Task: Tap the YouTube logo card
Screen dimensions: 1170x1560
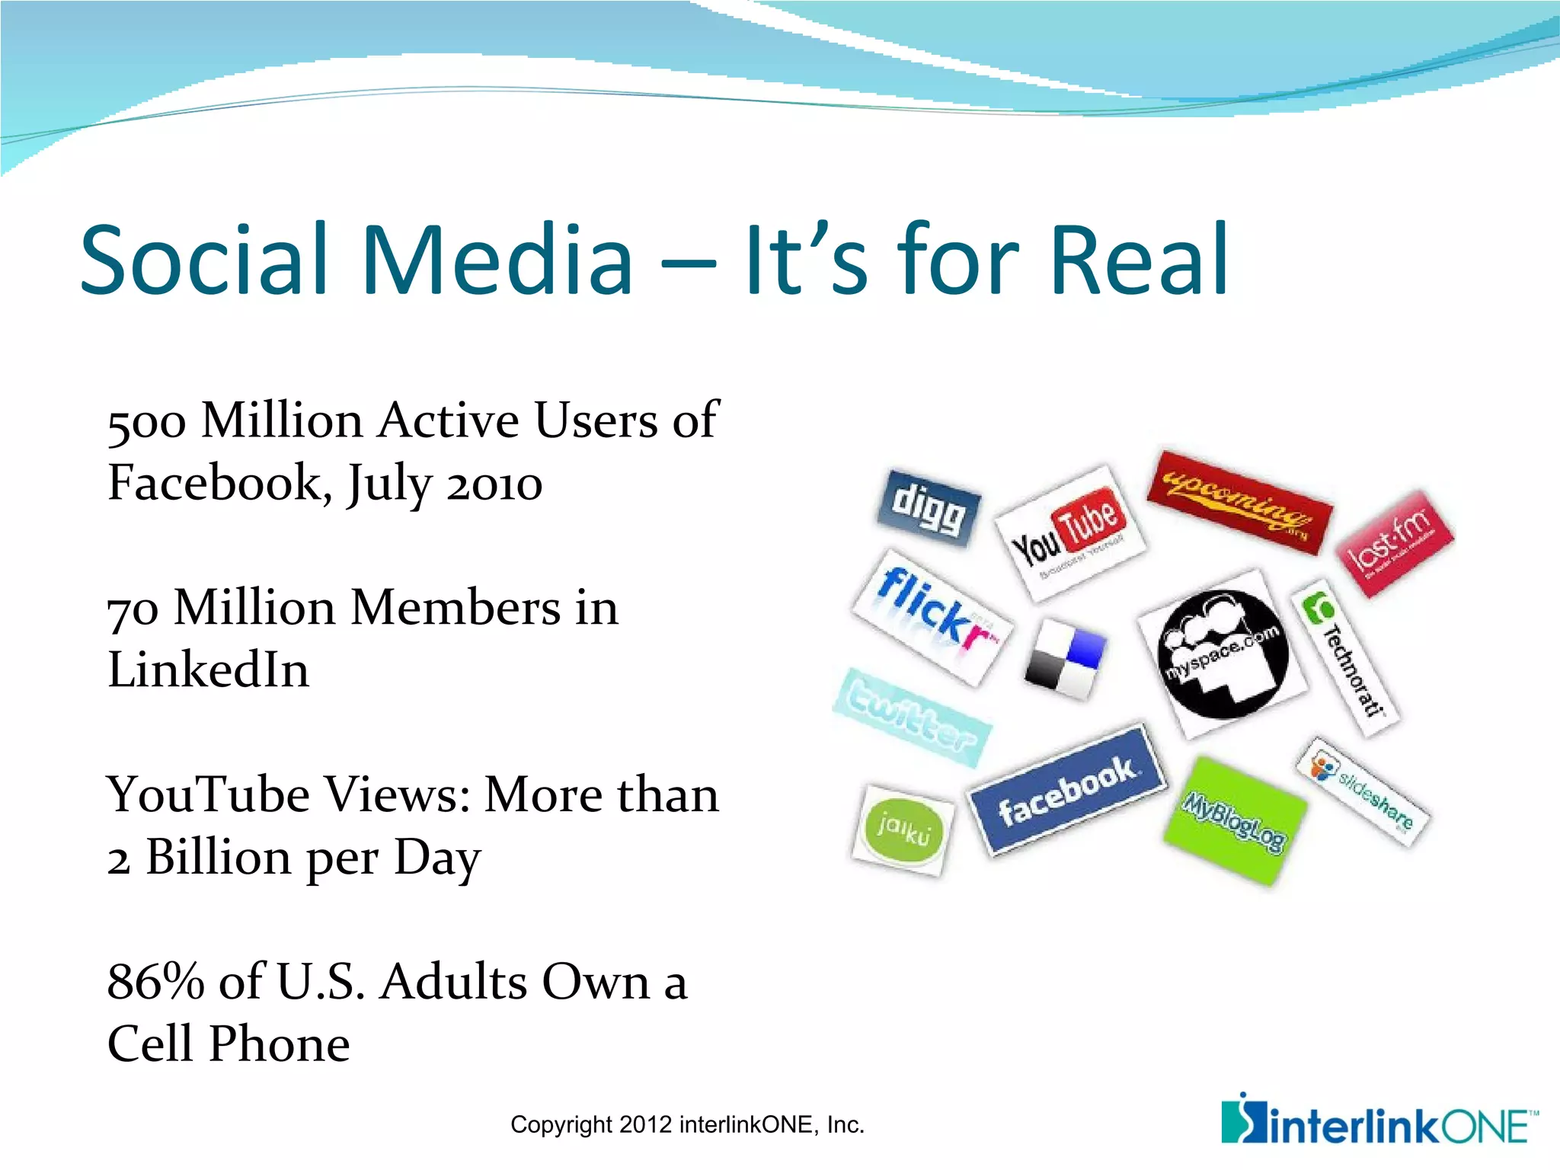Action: click(x=1069, y=532)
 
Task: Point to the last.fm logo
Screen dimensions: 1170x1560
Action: click(x=1395, y=542)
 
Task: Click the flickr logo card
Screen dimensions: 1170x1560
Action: click(x=933, y=617)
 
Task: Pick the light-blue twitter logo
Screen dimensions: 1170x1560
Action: click(x=912, y=717)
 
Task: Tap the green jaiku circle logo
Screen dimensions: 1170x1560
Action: click(x=903, y=830)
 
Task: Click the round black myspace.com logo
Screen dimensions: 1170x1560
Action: click(x=1223, y=654)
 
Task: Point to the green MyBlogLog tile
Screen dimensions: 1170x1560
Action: click(x=1234, y=821)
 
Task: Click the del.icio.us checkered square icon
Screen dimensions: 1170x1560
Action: click(x=1064, y=659)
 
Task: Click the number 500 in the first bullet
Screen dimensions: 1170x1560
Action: click(x=147, y=421)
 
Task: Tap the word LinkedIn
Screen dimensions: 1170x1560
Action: click(x=209, y=670)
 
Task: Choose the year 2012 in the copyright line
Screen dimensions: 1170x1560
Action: click(x=645, y=1124)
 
